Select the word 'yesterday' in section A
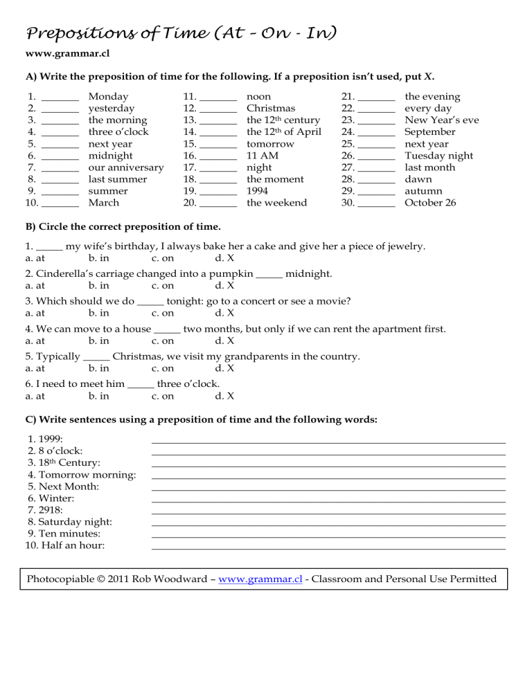[112, 109]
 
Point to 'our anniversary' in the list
[126, 168]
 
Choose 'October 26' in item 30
[430, 203]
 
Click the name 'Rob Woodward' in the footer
[174, 579]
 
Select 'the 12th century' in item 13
[283, 120]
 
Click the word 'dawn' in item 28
[418, 179]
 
